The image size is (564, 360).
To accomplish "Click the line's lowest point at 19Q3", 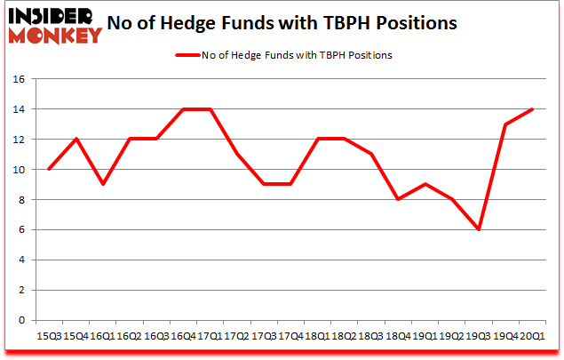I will point(479,229).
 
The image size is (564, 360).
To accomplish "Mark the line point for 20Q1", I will point(533,109).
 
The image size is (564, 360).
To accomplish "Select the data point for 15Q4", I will point(75,139).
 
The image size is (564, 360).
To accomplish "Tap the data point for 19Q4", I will point(505,124).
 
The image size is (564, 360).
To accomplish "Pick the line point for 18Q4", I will point(398,199).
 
